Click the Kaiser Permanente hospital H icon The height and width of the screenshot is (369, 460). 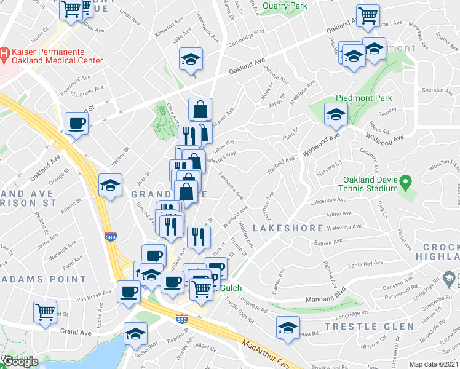click(x=4, y=54)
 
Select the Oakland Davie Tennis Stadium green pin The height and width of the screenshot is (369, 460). click(x=405, y=182)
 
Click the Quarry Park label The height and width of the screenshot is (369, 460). click(x=284, y=7)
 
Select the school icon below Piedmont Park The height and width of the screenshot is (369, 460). click(x=336, y=114)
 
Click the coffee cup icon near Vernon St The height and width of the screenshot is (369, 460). click(x=77, y=123)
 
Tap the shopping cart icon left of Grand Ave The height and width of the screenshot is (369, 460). click(x=46, y=311)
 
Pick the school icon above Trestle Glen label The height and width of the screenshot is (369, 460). click(x=287, y=327)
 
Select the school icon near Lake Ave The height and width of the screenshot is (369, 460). click(x=191, y=60)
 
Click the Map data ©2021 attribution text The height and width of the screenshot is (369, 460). click(x=434, y=364)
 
